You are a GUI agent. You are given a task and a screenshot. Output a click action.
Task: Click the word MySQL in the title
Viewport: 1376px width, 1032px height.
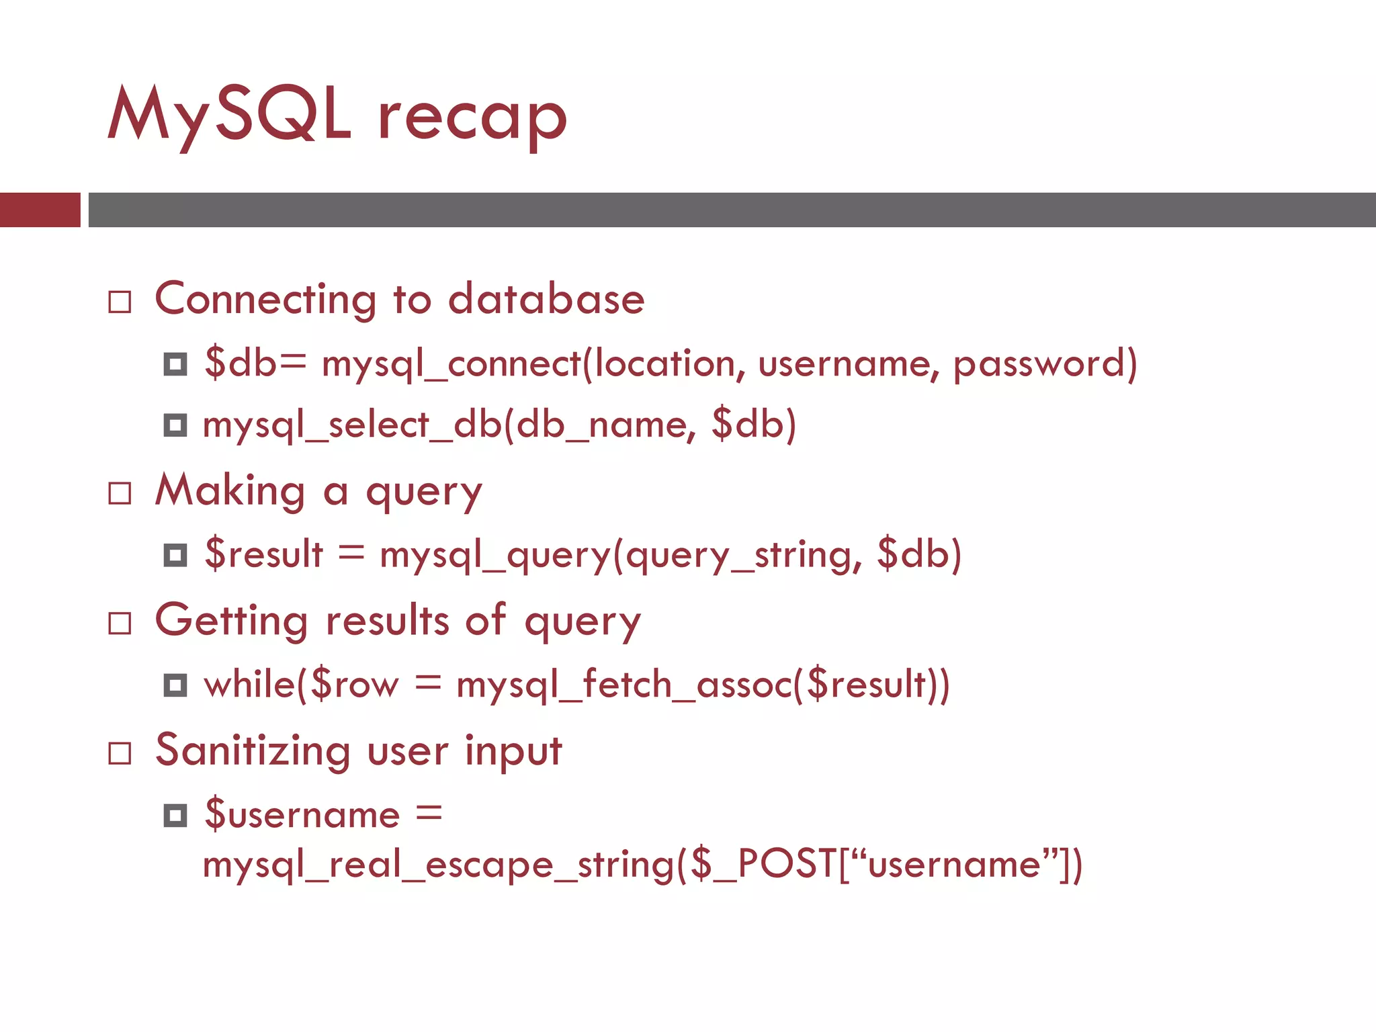pos(228,116)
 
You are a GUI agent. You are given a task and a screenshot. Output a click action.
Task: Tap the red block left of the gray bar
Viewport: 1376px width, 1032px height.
pos(40,210)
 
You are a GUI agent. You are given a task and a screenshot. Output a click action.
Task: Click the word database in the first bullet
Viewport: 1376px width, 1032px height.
pos(546,299)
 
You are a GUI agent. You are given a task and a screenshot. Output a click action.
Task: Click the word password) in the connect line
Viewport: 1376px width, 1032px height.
pos(1045,364)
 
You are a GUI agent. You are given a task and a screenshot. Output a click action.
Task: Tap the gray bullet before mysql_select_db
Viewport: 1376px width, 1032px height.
pos(175,425)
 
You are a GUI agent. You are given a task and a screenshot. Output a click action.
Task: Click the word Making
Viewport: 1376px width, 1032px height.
pos(230,490)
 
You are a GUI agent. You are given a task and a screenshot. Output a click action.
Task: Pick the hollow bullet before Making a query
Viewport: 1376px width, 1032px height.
pos(120,494)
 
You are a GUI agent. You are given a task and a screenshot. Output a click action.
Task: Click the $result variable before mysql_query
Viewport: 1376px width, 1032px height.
pos(263,554)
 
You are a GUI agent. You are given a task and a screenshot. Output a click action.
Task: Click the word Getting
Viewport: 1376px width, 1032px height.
pos(231,620)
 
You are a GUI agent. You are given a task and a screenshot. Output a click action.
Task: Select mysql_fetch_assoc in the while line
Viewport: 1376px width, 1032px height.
pos(625,685)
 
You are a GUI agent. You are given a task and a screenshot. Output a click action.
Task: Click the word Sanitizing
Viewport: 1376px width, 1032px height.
pos(253,750)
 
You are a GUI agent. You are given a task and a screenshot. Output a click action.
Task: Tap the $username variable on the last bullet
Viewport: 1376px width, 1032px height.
pos(302,815)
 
